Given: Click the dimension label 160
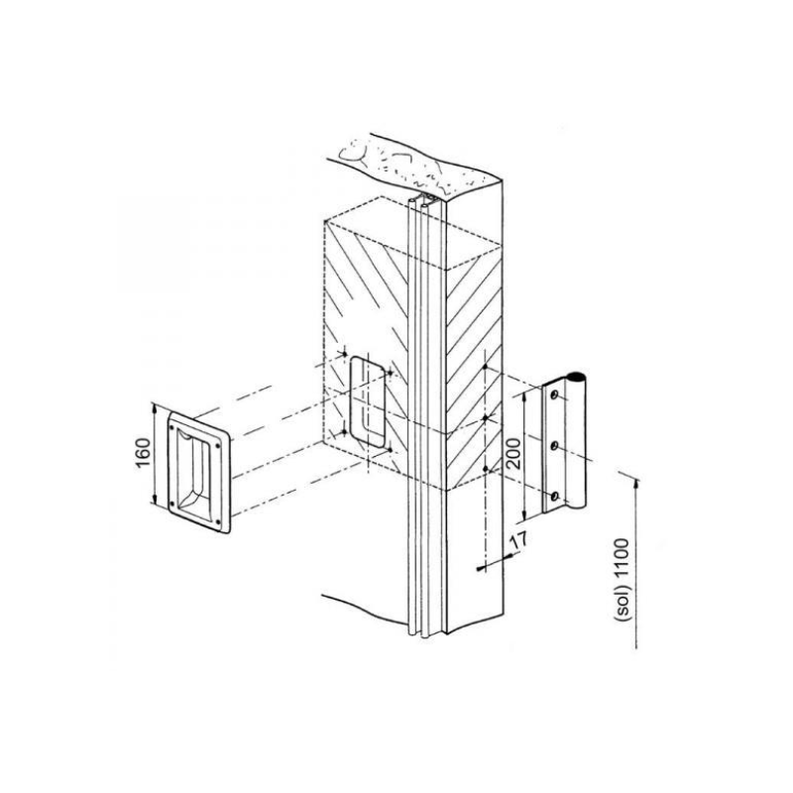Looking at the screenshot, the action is tap(144, 453).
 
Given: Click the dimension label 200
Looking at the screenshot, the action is tap(513, 453).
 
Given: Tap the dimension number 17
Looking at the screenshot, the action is tap(518, 541).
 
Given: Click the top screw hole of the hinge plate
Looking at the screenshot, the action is tap(555, 396).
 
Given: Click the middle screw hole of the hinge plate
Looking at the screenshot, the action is tap(555, 446).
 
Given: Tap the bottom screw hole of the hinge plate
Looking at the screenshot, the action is tap(555, 496).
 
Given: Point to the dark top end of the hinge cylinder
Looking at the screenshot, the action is tap(576, 378).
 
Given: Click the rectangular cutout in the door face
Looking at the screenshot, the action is tap(368, 401).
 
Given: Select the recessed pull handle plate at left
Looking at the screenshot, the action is tap(199, 472).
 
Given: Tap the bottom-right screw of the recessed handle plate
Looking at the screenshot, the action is tap(218, 522).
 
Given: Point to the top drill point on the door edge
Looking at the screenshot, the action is tap(485, 366).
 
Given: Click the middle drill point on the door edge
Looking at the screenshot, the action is tap(485, 417).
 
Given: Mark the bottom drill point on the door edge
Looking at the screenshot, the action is tap(485, 469).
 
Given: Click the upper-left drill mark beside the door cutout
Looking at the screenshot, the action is tap(344, 354).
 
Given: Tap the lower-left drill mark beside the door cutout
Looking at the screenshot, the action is tap(344, 432).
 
